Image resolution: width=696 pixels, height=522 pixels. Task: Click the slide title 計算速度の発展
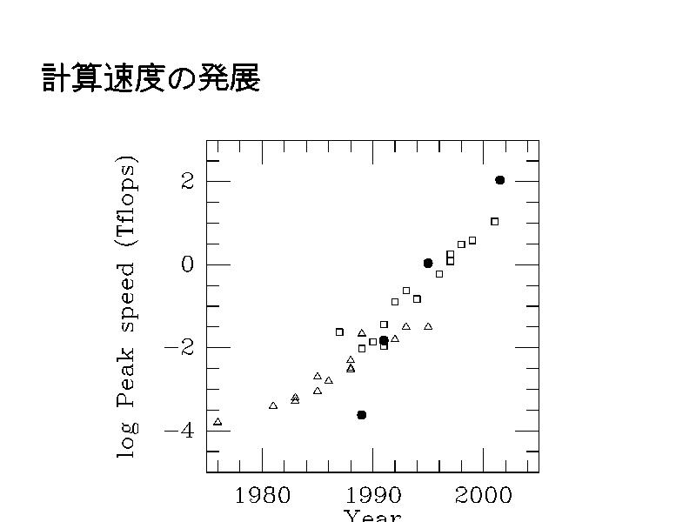pos(151,79)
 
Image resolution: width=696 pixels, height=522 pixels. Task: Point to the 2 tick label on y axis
pos(187,181)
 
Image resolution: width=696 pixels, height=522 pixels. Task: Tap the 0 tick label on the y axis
pos(187,264)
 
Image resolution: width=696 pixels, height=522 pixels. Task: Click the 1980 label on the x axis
pos(262,497)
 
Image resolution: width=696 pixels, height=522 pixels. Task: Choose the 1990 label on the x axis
pos(373,497)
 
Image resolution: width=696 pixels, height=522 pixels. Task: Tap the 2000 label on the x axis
pos(484,497)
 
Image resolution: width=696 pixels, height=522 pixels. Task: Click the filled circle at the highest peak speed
pos(500,180)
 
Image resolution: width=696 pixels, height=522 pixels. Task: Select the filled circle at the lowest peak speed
pos(362,415)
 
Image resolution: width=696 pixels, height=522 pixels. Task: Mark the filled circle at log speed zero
pos(428,263)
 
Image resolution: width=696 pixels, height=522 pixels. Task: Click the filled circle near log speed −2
pos(384,341)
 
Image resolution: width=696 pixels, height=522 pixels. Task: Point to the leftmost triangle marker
pos(217,422)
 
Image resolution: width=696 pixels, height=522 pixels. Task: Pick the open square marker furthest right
pos(494,222)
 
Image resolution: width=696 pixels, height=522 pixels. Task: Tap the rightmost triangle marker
pos(428,326)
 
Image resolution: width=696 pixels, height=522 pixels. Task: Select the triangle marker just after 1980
pos(273,405)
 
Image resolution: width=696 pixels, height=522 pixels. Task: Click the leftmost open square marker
pos(339,331)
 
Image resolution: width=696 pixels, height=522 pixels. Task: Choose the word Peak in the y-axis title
pos(128,373)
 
